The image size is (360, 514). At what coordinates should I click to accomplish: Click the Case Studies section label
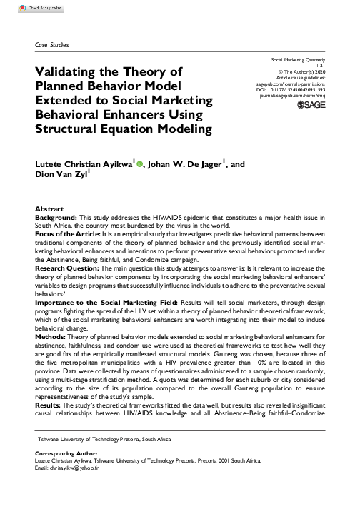point(51,45)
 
